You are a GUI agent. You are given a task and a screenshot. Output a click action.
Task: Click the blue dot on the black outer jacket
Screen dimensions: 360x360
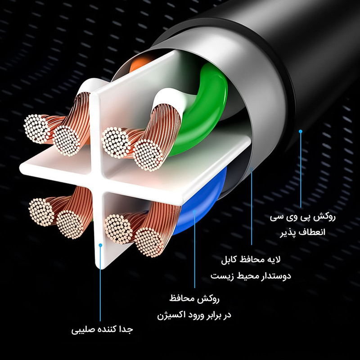(x=301, y=131)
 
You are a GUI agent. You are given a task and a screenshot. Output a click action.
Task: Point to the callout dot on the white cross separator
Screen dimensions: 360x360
(x=100, y=246)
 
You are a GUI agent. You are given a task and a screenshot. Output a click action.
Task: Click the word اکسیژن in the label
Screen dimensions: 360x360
(x=169, y=315)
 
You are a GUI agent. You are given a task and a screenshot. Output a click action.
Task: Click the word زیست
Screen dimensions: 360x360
(x=218, y=274)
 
